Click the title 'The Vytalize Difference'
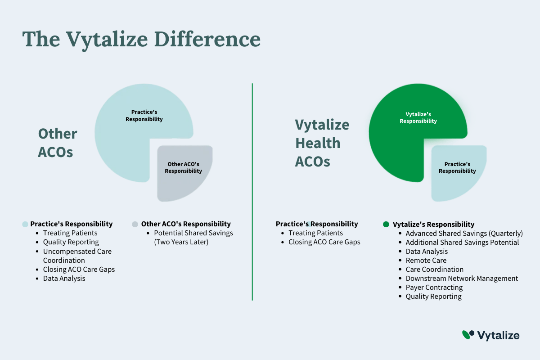point(141,40)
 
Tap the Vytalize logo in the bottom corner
point(490,335)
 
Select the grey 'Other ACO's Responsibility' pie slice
point(184,173)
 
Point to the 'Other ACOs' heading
point(58,143)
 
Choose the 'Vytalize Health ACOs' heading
point(322,143)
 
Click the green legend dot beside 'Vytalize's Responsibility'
point(386,224)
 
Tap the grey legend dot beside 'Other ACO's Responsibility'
point(135,224)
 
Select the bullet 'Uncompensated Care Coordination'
point(77,256)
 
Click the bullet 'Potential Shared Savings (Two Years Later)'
point(193,237)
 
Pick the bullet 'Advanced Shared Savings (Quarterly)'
point(464,234)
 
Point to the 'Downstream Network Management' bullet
point(462,278)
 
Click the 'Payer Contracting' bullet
point(434,288)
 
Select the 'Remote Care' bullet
point(426,261)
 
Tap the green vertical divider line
point(252,192)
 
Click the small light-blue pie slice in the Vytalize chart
point(459,173)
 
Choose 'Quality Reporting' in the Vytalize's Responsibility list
point(433,297)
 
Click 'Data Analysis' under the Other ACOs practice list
point(64,279)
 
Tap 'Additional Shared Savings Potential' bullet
point(462,243)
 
